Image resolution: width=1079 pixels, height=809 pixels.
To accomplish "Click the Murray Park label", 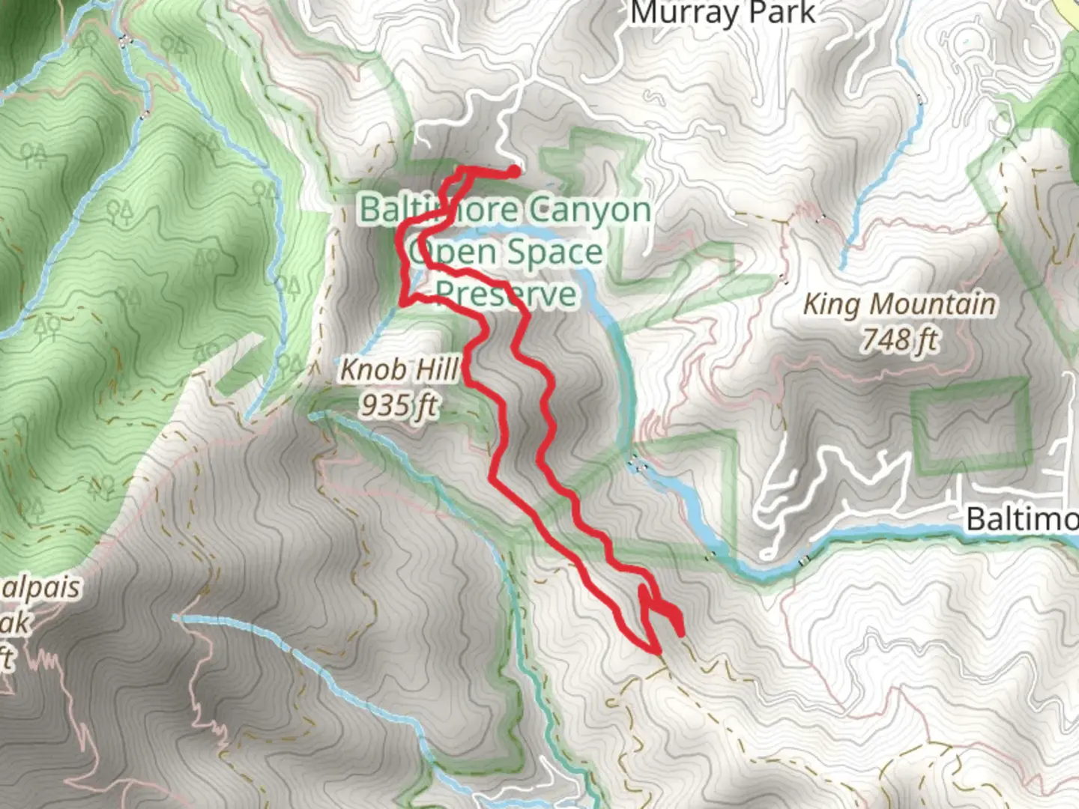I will pyautogui.click(x=722, y=13).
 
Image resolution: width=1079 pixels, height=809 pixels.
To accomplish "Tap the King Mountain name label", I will pyautogui.click(x=899, y=305).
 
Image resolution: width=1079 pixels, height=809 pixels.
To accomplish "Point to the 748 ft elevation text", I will pyautogui.click(x=899, y=341).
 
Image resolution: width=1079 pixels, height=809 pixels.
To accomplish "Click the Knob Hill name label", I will pyautogui.click(x=399, y=369).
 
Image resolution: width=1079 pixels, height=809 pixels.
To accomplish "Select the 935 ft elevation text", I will pyautogui.click(x=399, y=405).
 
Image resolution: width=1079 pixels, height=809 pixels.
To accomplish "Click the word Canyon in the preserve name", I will pyautogui.click(x=588, y=210).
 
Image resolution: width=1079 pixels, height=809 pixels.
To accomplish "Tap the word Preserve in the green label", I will pyautogui.click(x=507, y=294).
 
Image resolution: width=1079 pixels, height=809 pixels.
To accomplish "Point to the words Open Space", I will pyautogui.click(x=507, y=252).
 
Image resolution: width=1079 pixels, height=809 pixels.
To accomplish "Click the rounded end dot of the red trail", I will pyautogui.click(x=515, y=172).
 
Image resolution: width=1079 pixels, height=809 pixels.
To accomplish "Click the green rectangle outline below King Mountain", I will pyautogui.click(x=971, y=427).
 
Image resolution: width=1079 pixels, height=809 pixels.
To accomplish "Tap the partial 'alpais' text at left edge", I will pyautogui.click(x=41, y=588).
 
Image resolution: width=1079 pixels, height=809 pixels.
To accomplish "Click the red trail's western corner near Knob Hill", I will pyautogui.click(x=403, y=303).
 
